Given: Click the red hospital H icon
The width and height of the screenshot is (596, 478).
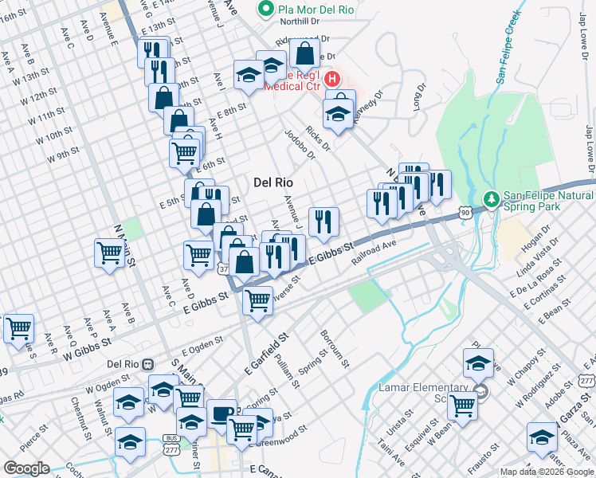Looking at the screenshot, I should point(333,80).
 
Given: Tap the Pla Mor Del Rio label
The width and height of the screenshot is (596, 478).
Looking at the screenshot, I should point(306,10).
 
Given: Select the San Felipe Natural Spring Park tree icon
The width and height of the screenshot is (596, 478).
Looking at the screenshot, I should point(492,198).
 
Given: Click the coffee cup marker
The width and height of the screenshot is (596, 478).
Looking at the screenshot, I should point(222,413).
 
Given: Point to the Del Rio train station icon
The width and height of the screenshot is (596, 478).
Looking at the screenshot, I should point(148,364).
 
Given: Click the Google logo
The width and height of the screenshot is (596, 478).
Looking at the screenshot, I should point(25,468).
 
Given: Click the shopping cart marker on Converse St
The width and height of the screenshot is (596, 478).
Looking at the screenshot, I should point(257,302).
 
